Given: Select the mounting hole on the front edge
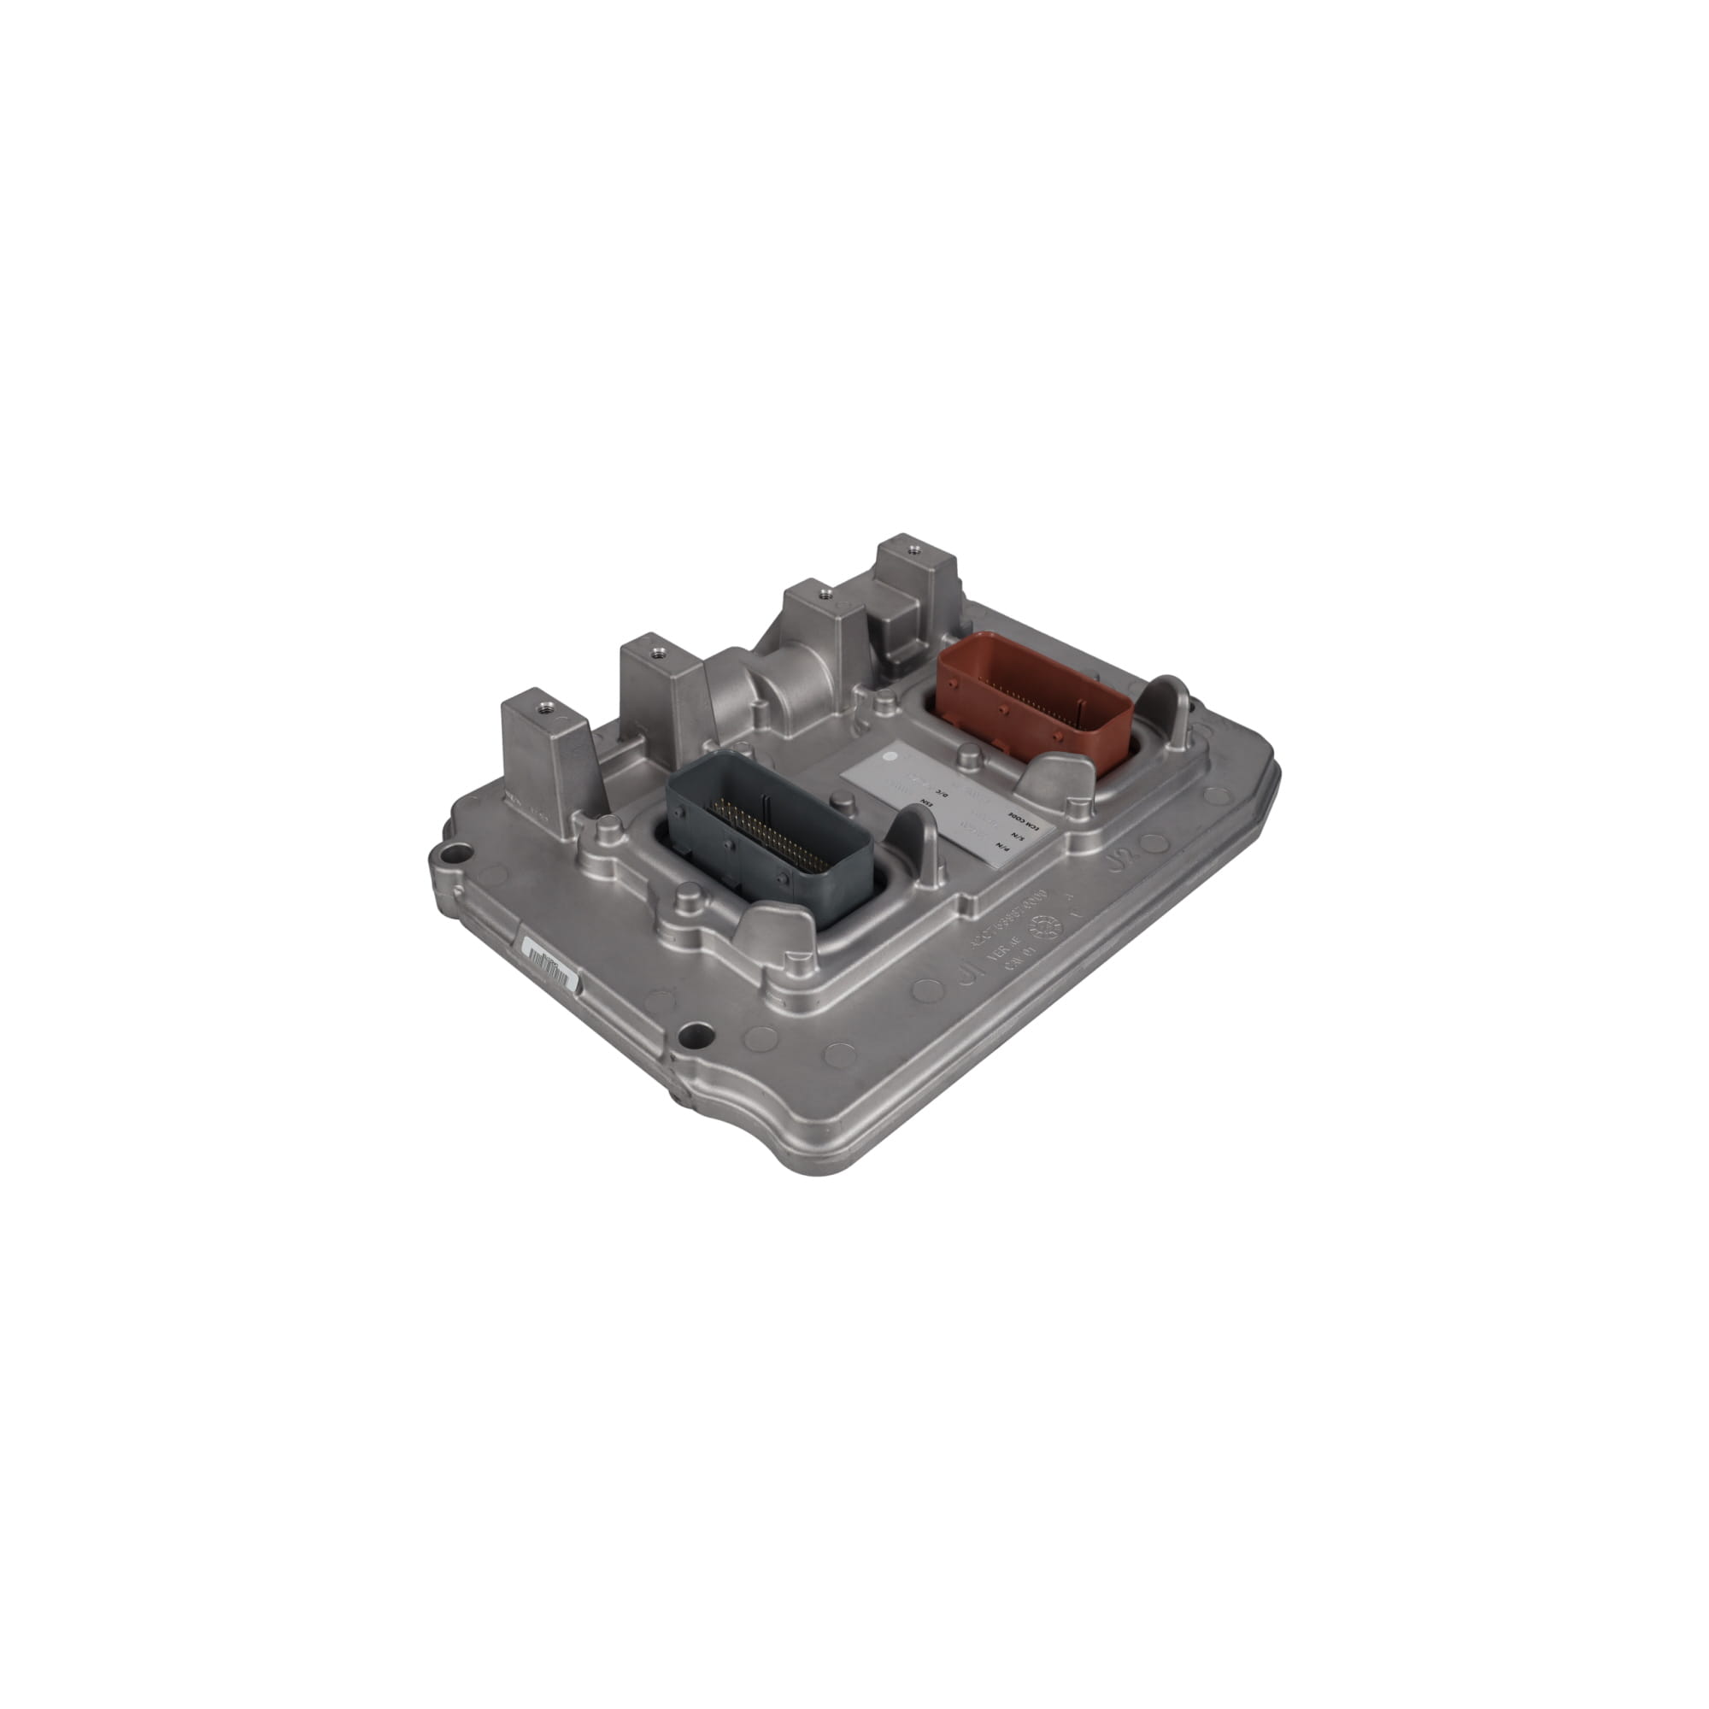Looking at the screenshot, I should pos(696,1033).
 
